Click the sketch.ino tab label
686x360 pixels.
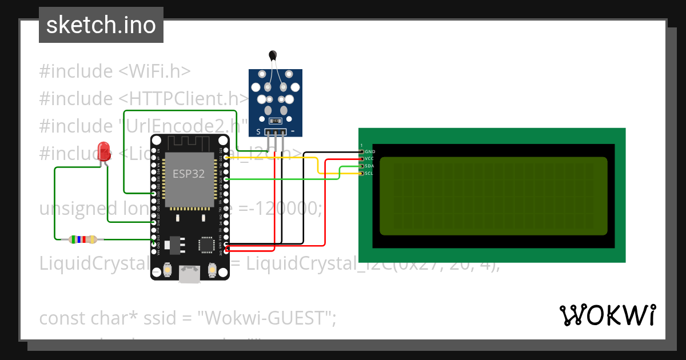click(101, 25)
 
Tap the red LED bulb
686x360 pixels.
click(104, 151)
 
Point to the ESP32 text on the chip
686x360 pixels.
click(189, 174)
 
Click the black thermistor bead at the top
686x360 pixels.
click(273, 55)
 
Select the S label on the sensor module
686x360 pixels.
click(258, 132)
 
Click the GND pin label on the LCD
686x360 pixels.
click(370, 151)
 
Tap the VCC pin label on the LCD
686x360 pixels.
click(370, 158)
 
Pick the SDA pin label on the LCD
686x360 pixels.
click(370, 166)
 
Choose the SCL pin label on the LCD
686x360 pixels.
click(370, 173)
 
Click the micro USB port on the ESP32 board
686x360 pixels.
click(189, 275)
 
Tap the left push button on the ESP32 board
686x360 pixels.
click(168, 268)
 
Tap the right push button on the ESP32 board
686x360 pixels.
click(212, 268)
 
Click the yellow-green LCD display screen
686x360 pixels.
click(493, 196)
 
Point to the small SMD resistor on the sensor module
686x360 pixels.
click(275, 121)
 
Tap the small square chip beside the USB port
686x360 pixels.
click(205, 245)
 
